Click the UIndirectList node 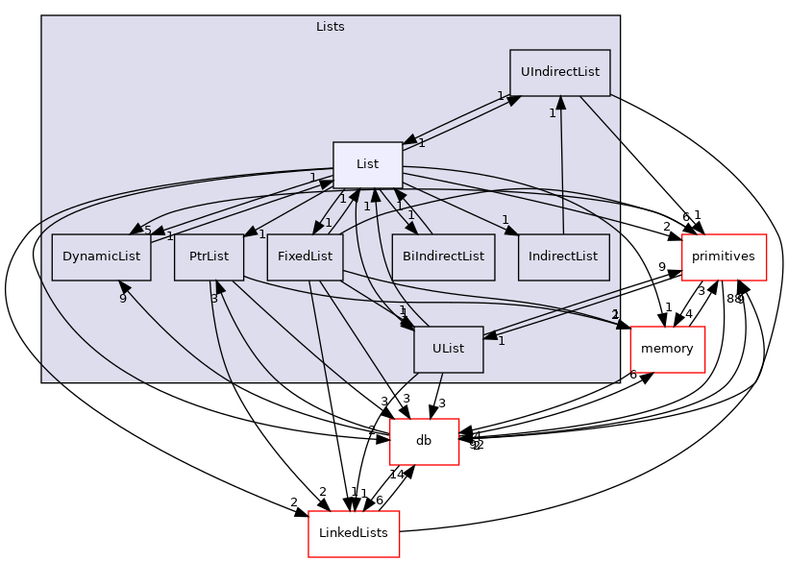559,72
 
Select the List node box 367,164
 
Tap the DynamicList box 101,257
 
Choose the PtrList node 209,257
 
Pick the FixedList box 305,257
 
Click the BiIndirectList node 443,257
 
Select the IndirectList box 563,257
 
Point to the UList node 448,349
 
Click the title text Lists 330,27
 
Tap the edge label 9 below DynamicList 122,299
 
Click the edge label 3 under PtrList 214,299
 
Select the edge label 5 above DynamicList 147,230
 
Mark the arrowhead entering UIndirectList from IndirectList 560,103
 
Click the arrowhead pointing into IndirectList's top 510,230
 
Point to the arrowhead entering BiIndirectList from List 411,228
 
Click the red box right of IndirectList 723,257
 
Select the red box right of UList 667,349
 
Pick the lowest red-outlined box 353,533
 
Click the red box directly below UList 424,441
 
